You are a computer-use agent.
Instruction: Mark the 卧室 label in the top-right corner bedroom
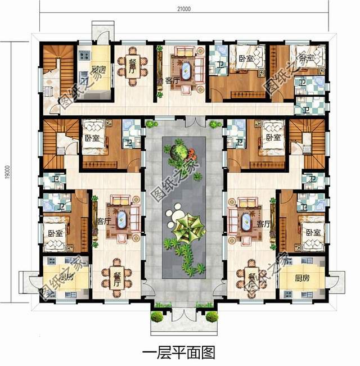click(x=306, y=58)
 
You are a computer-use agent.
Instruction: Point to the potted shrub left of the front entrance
click(x=158, y=317)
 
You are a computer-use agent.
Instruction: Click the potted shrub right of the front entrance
click(x=211, y=317)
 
